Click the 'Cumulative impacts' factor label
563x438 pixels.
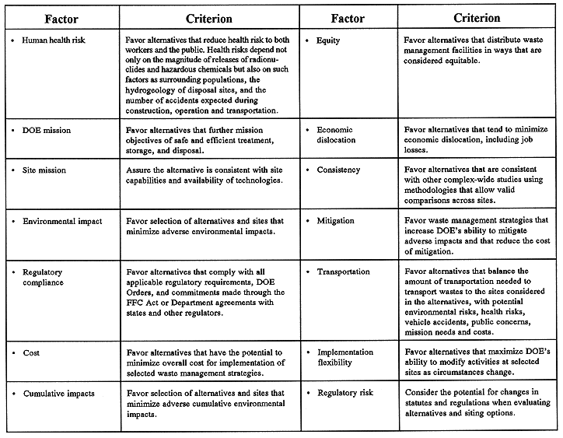pos(59,394)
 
